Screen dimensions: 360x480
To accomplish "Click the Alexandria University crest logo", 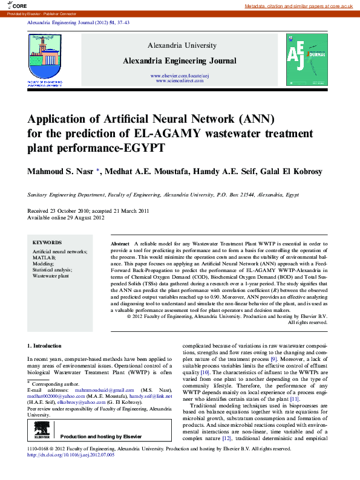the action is (45, 56).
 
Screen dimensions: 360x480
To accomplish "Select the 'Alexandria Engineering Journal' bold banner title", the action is (180, 61).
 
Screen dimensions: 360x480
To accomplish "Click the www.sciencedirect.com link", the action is (180, 80).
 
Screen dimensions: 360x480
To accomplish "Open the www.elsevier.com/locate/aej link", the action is (180, 76).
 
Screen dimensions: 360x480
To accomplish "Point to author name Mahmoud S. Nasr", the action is (61, 172).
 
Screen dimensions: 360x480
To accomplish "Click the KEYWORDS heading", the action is (47, 242).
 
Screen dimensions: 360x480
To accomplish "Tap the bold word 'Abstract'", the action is (120, 242).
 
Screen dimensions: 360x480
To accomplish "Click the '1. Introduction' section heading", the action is (45, 346).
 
